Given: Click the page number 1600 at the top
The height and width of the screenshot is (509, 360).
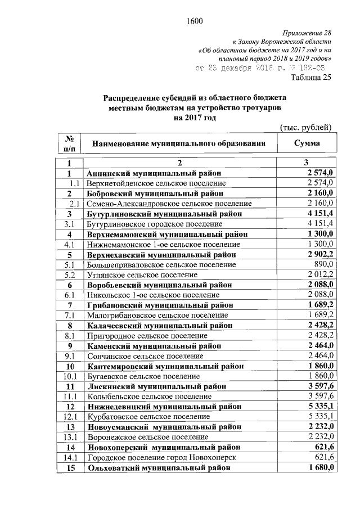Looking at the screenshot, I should (193, 22).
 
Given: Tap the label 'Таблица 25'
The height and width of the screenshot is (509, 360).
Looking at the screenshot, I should (310, 78).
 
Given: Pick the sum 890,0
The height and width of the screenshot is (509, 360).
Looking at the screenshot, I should (325, 264).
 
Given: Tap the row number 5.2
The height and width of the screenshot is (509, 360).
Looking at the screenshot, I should (70, 275).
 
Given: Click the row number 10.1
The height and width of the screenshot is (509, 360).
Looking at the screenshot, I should (70, 376).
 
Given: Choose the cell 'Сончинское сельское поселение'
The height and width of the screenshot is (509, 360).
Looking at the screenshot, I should (145, 356).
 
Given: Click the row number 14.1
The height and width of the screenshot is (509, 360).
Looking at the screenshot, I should (70, 457).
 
